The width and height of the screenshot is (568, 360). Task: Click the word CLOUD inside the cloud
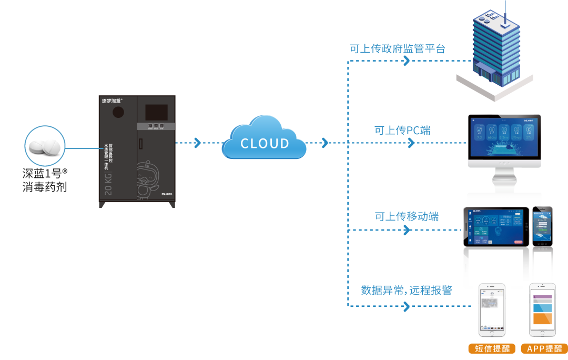[x=265, y=143]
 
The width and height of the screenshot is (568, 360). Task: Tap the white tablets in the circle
[x=45, y=146]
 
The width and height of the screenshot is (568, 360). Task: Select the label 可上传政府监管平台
[x=398, y=49]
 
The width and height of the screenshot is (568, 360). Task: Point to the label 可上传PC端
[x=402, y=131]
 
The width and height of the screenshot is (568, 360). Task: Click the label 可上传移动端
[x=407, y=216]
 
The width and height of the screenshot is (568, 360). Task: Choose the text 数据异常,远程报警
[x=407, y=290]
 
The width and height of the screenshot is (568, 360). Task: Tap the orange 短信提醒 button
[x=492, y=349]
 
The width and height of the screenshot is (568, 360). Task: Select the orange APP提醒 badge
[x=544, y=349]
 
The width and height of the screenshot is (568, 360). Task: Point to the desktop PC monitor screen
[x=504, y=140]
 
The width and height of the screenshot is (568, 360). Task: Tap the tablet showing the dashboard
[x=496, y=226]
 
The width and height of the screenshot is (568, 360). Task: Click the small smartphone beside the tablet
[x=543, y=226]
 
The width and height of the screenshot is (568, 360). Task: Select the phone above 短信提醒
[x=491, y=311]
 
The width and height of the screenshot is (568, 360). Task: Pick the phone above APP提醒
[x=544, y=311]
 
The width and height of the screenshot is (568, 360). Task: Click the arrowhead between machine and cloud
[x=197, y=143]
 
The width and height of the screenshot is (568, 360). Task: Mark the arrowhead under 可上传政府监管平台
[x=407, y=61]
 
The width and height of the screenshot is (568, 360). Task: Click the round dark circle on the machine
[x=119, y=112]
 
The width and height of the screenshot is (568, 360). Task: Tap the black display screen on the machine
[x=156, y=112]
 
